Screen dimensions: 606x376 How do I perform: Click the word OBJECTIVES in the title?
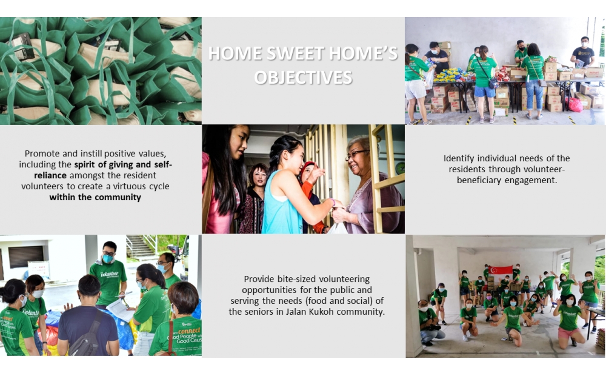pos(303,78)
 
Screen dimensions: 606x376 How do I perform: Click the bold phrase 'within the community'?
pos(95,197)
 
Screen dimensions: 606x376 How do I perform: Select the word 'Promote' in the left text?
pos(40,153)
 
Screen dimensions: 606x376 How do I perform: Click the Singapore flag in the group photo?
pos(501,270)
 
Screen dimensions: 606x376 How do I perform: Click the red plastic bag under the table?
pos(574,104)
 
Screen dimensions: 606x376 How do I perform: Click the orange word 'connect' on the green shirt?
pos(189,331)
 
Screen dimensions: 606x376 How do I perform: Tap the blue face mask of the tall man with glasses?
pos(107,258)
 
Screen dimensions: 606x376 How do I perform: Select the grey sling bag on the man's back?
pos(88,335)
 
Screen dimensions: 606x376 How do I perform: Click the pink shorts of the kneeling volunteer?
pos(566,333)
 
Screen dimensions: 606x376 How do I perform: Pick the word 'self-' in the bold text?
pos(162,164)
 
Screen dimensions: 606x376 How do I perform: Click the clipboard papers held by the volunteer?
pos(121,310)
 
